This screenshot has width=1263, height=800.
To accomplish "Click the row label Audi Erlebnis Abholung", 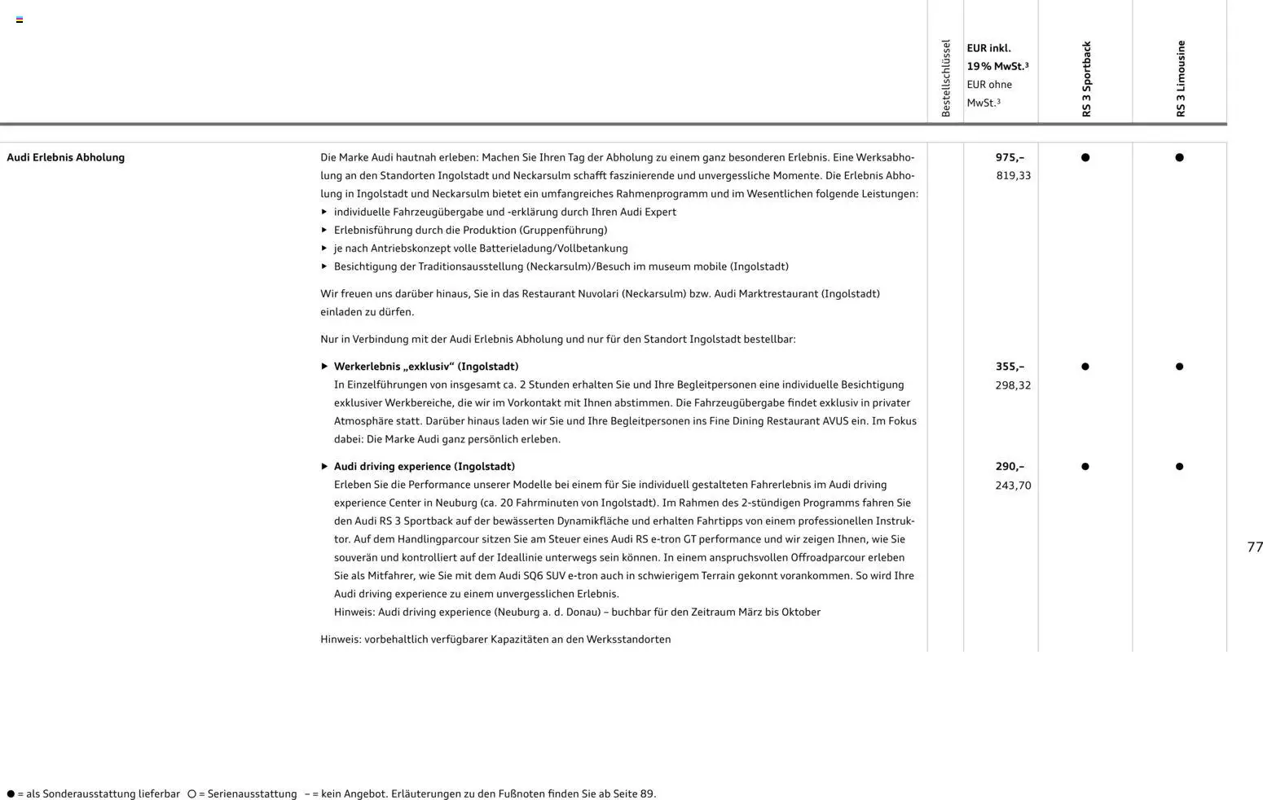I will click(66, 157).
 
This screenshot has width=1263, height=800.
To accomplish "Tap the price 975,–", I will click(1010, 157).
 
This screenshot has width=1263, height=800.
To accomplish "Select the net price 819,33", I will click(1013, 176).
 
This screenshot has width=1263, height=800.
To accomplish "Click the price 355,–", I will click(1010, 367).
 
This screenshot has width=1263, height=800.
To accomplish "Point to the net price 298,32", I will click(1013, 385).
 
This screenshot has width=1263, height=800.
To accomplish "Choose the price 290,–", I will click(1010, 467).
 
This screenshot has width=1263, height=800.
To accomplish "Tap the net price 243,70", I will click(1013, 486).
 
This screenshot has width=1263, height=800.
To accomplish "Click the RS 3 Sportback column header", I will click(1086, 79).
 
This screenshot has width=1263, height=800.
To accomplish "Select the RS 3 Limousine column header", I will click(1181, 79).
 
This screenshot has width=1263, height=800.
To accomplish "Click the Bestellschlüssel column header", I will click(946, 78).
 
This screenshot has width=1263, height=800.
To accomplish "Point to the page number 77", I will click(1255, 547).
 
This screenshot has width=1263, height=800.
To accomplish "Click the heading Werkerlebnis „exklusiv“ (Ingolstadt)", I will click(425, 367).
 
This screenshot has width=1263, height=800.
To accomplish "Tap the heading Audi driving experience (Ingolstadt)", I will click(424, 467).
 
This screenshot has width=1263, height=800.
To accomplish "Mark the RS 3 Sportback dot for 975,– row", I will click(1085, 157).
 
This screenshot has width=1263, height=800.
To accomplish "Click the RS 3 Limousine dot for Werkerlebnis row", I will click(1179, 367).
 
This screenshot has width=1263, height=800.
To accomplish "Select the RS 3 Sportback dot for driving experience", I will click(1085, 467).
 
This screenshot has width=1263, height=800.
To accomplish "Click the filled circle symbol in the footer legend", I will click(11, 793).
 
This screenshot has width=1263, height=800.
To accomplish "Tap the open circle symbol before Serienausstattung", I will click(191, 793).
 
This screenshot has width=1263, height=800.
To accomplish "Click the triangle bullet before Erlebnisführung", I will click(324, 231).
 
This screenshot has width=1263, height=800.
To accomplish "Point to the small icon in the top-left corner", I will click(20, 20).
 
